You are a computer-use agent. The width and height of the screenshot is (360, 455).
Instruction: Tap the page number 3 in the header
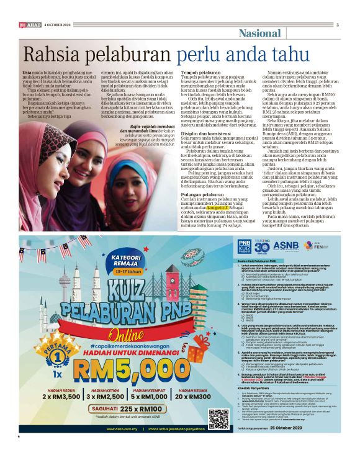(338, 24)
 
